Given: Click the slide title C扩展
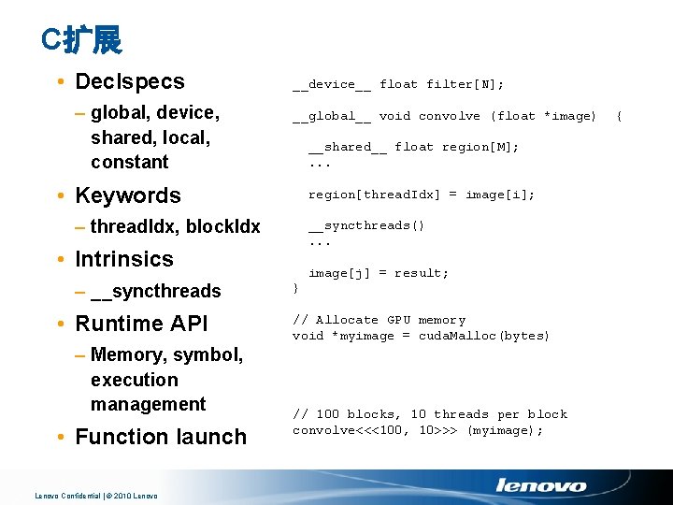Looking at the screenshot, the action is [x=82, y=39].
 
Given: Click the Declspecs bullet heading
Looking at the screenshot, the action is [x=130, y=82].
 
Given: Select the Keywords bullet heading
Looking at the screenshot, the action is [x=127, y=195].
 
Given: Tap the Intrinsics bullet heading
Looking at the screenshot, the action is [x=124, y=259].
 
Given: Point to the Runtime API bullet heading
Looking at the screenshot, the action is [x=141, y=324].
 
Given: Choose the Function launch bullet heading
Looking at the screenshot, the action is [x=161, y=437].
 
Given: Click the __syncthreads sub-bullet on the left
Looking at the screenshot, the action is [x=156, y=292].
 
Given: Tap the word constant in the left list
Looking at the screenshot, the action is [x=130, y=162].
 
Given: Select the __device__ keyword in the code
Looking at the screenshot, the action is [x=332, y=84].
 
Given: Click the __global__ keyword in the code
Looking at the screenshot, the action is [x=332, y=116].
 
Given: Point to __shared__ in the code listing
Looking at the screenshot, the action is [x=347, y=147].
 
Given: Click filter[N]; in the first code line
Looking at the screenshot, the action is [x=465, y=84].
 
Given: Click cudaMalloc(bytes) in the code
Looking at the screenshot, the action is [x=483, y=336].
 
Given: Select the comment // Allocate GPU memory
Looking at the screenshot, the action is [x=379, y=320].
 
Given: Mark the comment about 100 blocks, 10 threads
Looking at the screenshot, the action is [x=429, y=414].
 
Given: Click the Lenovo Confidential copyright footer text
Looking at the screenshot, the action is [x=96, y=496].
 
